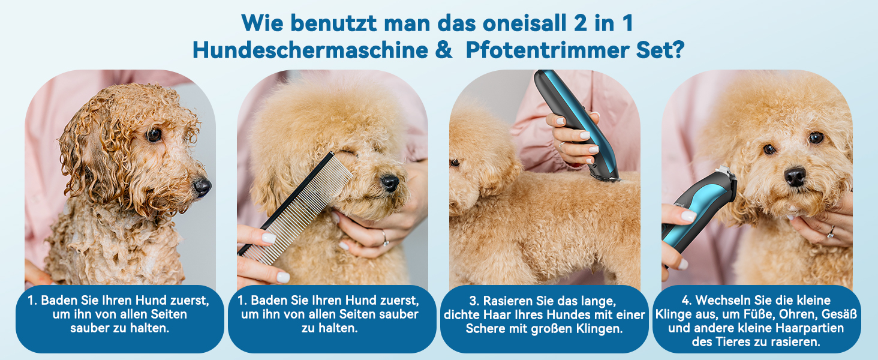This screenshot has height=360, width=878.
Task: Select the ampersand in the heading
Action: [443, 50]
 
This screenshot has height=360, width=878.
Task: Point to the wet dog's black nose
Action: [202, 187]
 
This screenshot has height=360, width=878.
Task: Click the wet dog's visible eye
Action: [154, 135]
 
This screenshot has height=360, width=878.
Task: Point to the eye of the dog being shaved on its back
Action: [455, 163]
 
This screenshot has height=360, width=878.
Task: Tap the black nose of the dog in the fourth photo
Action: [795, 176]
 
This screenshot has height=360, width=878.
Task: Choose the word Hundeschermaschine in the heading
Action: [309, 50]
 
